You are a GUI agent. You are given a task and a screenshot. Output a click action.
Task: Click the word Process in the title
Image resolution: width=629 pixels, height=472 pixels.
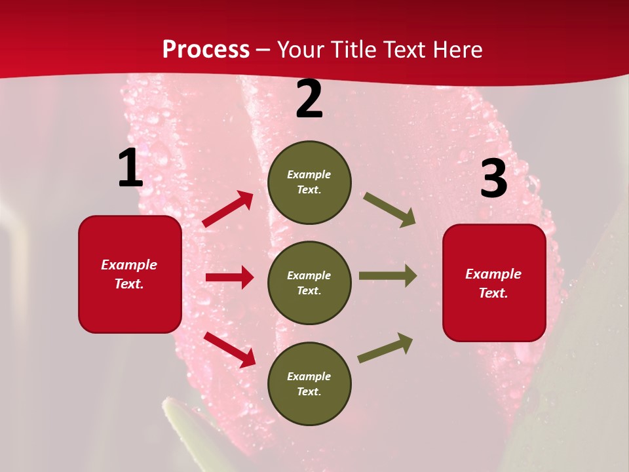[206, 50]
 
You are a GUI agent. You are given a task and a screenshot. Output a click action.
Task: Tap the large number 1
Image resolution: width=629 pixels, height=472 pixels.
[130, 168]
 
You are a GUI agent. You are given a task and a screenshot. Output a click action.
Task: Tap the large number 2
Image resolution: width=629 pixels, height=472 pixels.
[309, 99]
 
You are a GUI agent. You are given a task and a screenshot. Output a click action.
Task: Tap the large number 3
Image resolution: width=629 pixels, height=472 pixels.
[493, 179]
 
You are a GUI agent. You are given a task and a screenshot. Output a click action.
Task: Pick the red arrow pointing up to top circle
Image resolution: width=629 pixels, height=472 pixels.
[228, 209]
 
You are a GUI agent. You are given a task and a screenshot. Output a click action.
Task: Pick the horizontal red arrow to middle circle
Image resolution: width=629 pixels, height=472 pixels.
[229, 277]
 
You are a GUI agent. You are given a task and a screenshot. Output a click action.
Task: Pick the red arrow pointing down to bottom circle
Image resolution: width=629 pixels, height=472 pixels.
[229, 349]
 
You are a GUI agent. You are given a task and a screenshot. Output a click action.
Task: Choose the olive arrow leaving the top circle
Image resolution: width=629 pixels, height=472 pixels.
[390, 210]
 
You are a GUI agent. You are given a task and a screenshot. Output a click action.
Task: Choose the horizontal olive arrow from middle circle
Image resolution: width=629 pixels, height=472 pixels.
[387, 276]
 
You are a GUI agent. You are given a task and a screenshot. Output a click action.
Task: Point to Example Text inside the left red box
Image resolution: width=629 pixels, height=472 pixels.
[129, 274]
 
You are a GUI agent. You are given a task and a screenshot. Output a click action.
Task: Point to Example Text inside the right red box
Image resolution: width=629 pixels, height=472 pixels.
[493, 283]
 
